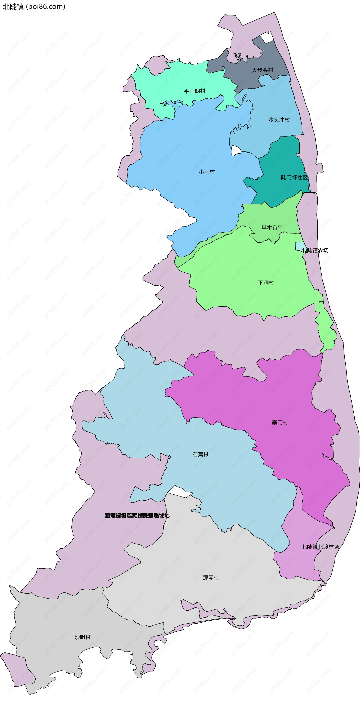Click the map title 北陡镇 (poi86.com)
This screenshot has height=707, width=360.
click(x=34, y=7)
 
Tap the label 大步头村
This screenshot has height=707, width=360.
click(x=262, y=70)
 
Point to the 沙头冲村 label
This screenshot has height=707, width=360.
click(x=279, y=120)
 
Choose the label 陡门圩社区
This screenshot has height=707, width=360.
click(x=294, y=178)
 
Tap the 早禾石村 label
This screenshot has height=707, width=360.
click(x=272, y=227)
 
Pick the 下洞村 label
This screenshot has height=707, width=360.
click(x=266, y=283)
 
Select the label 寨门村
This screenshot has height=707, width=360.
click(x=280, y=422)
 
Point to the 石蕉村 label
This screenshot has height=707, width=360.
click(x=200, y=454)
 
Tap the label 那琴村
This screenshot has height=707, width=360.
click(x=211, y=577)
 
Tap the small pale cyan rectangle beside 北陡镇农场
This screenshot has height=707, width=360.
click(x=299, y=246)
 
